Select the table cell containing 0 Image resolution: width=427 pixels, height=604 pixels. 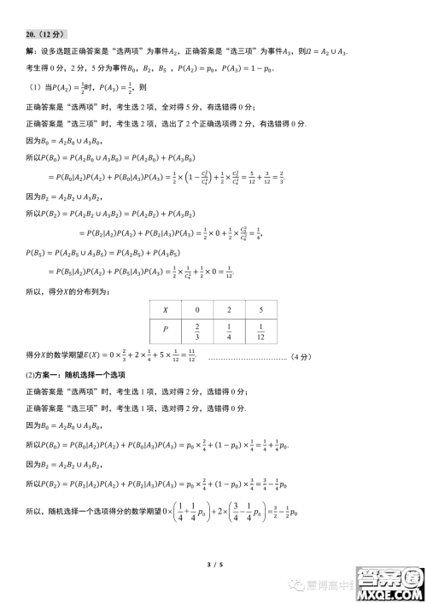pyautogui.click(x=197, y=310)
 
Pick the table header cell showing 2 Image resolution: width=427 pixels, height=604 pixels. pyautogui.click(x=230, y=310)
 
